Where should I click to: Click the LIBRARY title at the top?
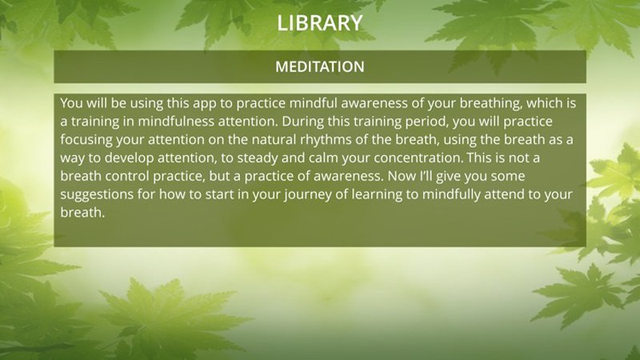pos(319,23)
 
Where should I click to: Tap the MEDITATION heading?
pos(319,67)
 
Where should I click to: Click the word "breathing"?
pos(491,104)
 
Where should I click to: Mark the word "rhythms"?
pos(326,140)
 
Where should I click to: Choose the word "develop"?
pos(129,158)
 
